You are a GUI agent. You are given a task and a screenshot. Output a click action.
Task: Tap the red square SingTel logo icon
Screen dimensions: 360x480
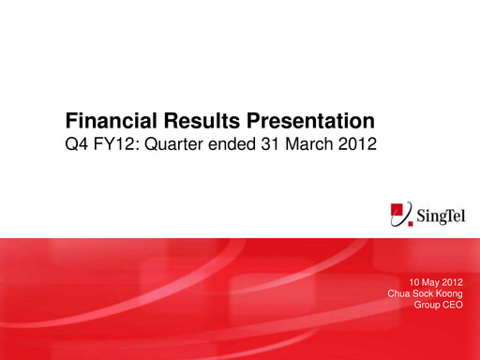point(401,215)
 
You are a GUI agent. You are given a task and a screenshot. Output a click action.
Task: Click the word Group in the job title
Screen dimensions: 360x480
point(427,305)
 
